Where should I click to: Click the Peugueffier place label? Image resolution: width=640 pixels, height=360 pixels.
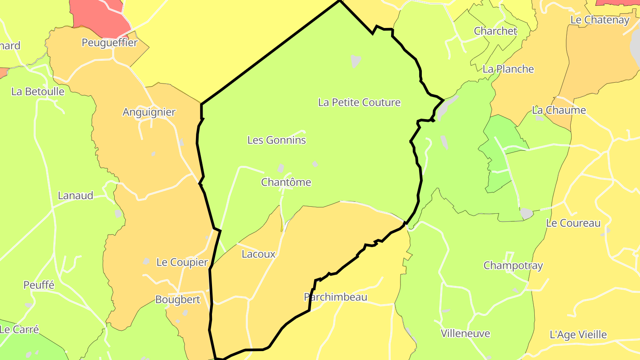tap(110, 43)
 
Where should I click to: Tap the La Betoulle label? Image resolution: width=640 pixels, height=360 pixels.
tap(38, 92)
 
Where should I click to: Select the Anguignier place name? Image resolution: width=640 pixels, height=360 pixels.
tap(149, 112)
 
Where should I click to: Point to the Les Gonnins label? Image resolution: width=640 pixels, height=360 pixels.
tap(276, 140)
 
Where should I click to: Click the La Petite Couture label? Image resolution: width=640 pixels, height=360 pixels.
tap(359, 103)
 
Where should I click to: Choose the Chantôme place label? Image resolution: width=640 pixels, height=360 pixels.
tap(286, 183)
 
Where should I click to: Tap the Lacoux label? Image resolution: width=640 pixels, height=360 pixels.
tap(258, 255)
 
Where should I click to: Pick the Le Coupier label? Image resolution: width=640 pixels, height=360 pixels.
tap(182, 263)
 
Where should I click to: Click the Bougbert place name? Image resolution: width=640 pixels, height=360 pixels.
tap(177, 300)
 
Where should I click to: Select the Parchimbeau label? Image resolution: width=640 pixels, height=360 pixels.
tap(336, 297)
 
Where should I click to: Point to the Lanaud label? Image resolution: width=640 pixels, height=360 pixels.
tap(76, 196)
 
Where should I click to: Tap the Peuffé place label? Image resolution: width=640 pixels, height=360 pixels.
tap(39, 285)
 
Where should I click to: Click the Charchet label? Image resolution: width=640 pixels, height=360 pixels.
tap(495, 31)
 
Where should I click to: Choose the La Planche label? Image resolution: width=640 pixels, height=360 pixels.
tap(508, 69)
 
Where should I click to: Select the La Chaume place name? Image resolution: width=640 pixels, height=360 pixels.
tap(559, 110)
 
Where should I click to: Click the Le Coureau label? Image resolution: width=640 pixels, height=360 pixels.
tap(573, 224)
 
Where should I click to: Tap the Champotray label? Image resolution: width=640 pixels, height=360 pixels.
tap(513, 266)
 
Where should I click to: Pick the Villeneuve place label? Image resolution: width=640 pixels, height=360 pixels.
tap(465, 334)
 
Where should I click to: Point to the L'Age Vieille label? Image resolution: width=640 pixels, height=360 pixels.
tap(578, 335)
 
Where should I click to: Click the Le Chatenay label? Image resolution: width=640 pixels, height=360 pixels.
tap(600, 20)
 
